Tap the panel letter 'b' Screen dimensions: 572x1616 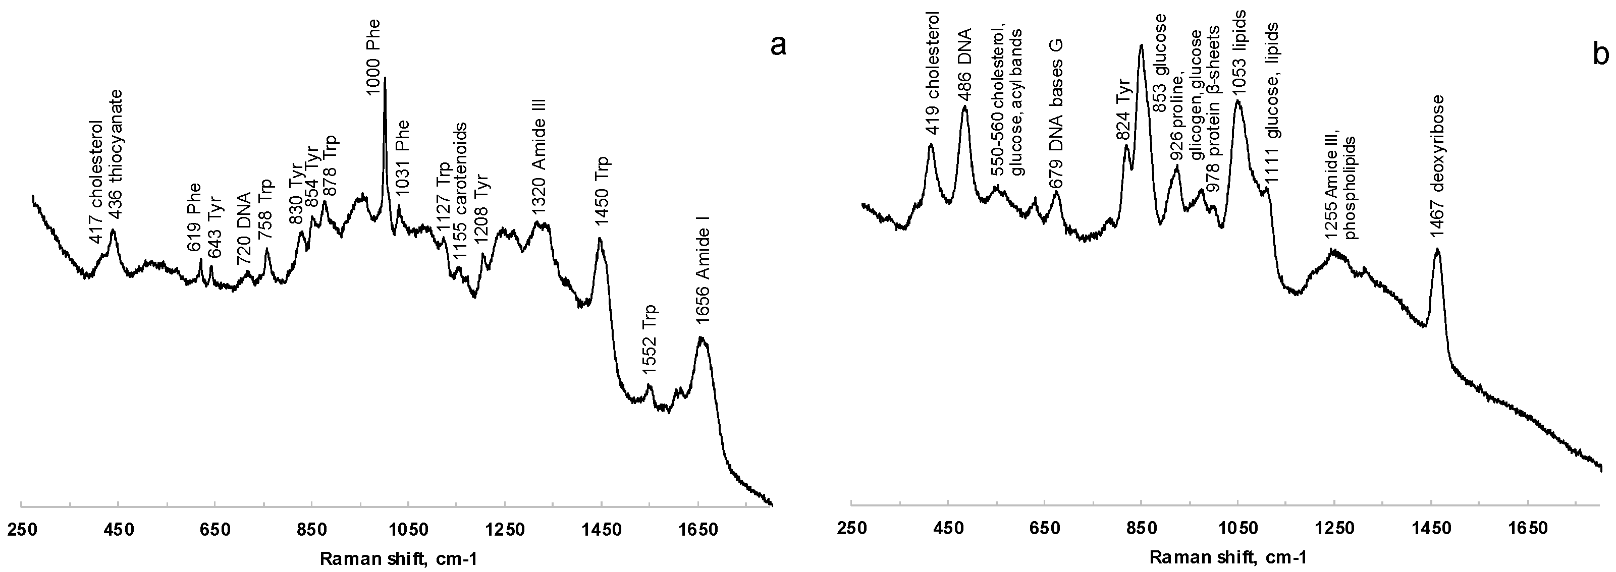[x=1601, y=55]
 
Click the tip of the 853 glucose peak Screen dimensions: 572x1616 [x=1141, y=46]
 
